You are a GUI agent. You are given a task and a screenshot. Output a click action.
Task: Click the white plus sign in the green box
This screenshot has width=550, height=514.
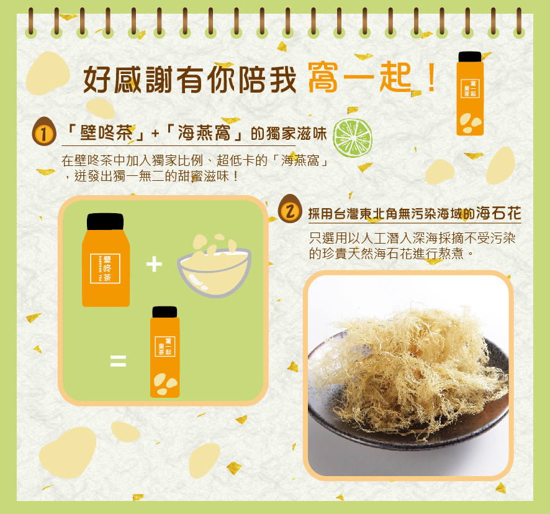[154, 265]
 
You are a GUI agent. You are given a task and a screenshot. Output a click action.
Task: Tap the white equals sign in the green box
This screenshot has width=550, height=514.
[118, 360]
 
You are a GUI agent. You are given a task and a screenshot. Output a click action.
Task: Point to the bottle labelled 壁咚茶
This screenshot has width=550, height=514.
[106, 264]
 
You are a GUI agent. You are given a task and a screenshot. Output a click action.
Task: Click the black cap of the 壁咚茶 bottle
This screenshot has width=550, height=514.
[105, 221]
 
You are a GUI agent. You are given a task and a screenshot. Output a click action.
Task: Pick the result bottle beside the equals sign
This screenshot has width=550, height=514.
[165, 354]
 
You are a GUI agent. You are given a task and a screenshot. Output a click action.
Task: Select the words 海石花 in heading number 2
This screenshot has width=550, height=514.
[498, 213]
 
